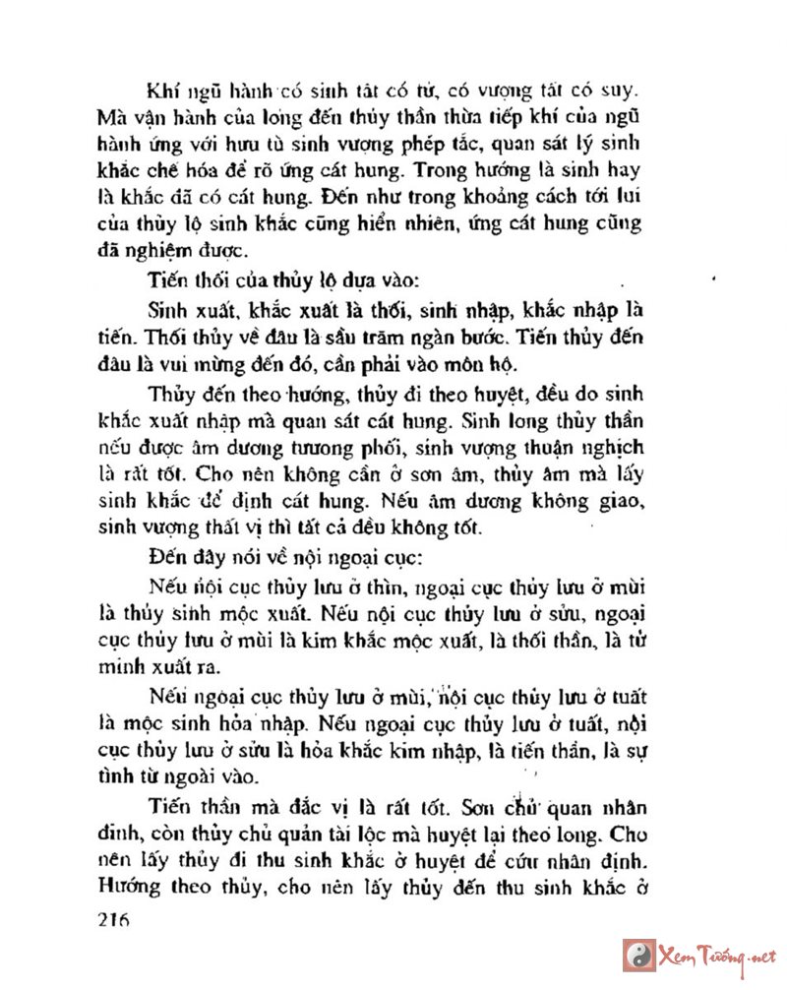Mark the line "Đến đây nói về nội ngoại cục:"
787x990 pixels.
pos(284,555)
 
